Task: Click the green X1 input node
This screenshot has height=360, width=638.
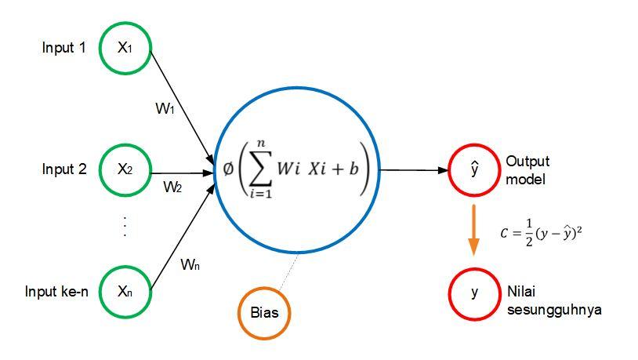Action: tap(125, 47)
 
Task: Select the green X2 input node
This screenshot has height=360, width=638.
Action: tap(125, 169)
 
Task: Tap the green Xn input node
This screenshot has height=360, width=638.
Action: tap(125, 292)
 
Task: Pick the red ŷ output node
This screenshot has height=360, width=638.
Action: tap(474, 169)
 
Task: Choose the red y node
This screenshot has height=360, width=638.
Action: tap(474, 293)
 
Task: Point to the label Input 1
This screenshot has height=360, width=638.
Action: tap(63, 48)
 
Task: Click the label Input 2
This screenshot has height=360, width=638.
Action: tap(63, 169)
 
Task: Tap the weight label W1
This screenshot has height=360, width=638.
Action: tap(165, 109)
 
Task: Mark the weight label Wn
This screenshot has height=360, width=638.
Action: tap(190, 264)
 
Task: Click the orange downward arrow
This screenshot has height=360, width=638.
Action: tap(474, 229)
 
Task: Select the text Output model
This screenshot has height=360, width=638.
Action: tap(528, 169)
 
